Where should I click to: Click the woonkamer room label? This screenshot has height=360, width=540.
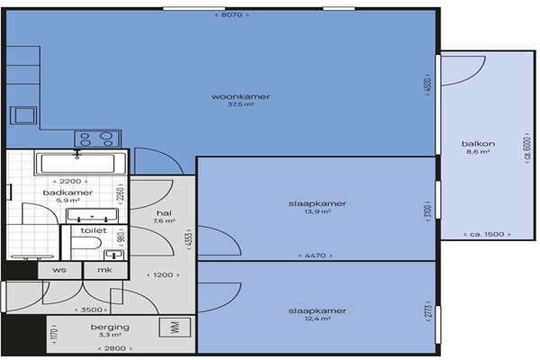[240, 97]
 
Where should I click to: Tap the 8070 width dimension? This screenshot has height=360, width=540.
[232, 14]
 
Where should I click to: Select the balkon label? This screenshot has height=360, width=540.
[479, 144]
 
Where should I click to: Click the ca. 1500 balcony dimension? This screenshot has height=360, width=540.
[487, 234]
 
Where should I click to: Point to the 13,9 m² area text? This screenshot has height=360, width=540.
[318, 211]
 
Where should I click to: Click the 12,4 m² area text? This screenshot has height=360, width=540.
[318, 319]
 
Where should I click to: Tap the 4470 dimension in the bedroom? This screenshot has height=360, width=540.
[316, 256]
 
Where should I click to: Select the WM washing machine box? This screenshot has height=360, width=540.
[175, 328]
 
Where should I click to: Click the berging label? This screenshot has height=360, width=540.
[110, 327]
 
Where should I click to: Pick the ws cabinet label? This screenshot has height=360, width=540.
[59, 270]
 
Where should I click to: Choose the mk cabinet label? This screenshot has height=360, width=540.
[104, 270]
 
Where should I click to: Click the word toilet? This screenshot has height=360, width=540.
[94, 230]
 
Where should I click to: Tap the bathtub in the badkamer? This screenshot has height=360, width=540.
[81, 163]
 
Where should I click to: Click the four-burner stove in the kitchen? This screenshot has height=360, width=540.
[98, 139]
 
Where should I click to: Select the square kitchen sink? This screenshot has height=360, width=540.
[23, 115]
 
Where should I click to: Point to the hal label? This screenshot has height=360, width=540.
[164, 213]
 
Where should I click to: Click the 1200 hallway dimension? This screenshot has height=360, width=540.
[163, 274]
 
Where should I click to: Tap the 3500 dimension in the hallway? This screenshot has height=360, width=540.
[91, 310]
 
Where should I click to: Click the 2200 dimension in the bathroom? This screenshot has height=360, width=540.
[70, 181]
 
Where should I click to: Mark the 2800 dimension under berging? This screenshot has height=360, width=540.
[115, 348]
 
